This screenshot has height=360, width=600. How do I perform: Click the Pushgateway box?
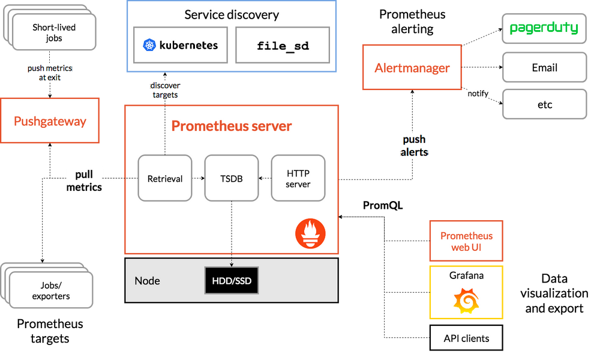50,122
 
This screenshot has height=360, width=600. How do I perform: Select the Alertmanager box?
412,68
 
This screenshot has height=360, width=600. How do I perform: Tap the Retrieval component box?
165,178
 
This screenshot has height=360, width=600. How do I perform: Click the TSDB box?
232,178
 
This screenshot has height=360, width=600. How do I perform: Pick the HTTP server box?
298,178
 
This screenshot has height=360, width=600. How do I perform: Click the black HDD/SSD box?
232,280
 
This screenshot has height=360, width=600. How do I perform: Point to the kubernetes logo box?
181,45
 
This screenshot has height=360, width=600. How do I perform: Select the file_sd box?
283,46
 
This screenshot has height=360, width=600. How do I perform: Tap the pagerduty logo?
544,28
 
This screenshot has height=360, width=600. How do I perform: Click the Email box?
544,68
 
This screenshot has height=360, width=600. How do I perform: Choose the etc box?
544,105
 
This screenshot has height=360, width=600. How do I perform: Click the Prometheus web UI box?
466,241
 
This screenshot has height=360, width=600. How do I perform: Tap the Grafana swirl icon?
466,301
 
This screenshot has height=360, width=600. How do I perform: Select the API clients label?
466,338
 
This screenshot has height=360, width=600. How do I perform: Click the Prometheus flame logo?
310,234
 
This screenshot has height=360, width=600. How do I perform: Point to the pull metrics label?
84,181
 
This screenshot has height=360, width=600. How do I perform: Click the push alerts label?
414,146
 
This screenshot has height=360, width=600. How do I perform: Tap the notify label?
478,94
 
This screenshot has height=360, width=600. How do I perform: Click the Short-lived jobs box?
55,32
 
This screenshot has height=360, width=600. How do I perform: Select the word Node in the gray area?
147,281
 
